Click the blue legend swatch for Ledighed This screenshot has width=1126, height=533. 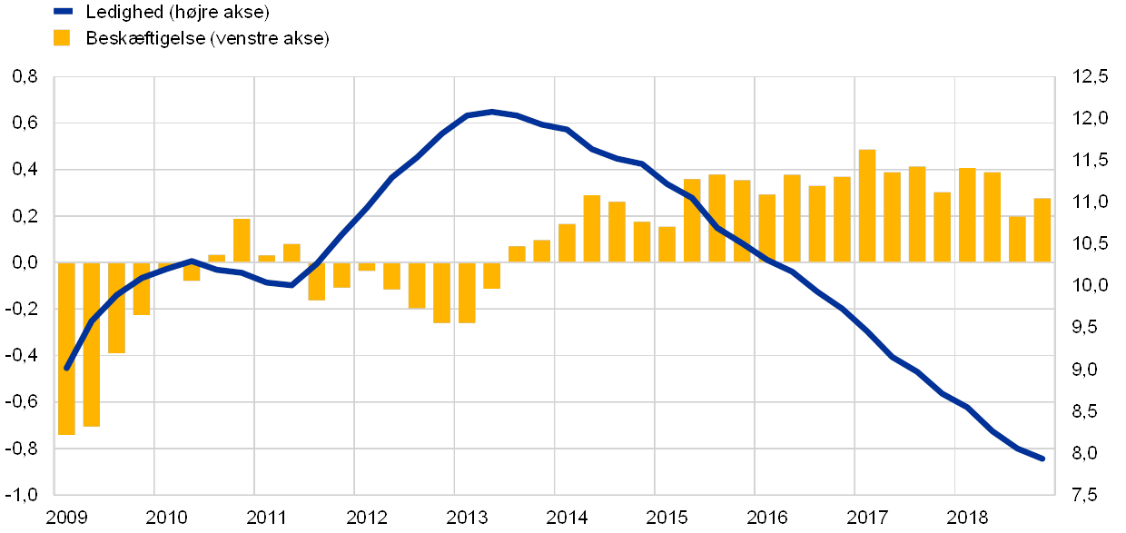point(62,12)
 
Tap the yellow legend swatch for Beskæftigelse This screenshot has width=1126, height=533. point(62,38)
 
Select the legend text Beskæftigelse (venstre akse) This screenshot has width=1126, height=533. point(209,38)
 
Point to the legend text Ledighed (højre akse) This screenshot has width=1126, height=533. point(180,12)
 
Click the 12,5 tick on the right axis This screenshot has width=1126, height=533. point(1090,77)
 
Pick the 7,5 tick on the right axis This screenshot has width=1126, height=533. point(1090,495)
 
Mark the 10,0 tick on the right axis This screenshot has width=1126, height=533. point(1090,286)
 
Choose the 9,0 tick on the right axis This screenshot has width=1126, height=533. point(1090,370)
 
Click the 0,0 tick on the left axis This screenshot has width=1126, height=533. point(25,262)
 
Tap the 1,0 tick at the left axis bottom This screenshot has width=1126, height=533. point(25,495)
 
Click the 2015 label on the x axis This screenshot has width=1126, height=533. point(667,518)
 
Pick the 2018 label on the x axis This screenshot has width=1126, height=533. point(966,518)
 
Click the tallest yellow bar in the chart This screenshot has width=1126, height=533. point(867,206)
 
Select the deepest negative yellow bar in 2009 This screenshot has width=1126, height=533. point(66,349)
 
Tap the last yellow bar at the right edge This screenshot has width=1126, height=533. point(1042,231)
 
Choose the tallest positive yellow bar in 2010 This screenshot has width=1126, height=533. point(242,241)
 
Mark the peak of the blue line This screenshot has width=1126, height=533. point(491,112)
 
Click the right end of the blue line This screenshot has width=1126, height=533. point(1042,459)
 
